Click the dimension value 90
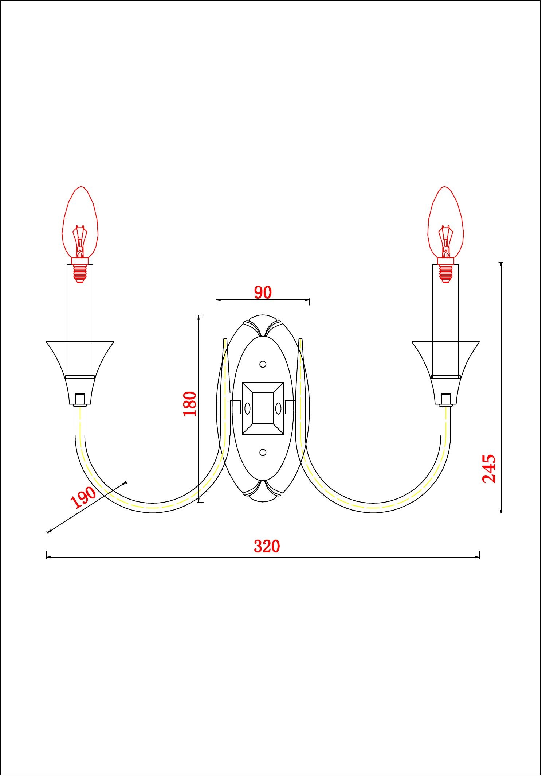[x=263, y=292]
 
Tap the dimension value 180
[x=190, y=404]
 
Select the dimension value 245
[x=489, y=469]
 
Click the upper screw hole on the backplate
[x=263, y=364]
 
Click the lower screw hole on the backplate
[x=263, y=453]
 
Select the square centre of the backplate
[x=263, y=408]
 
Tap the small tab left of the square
[x=235, y=407]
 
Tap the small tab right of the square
[x=290, y=407]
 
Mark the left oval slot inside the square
[x=247, y=408]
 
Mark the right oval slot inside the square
[x=278, y=408]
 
